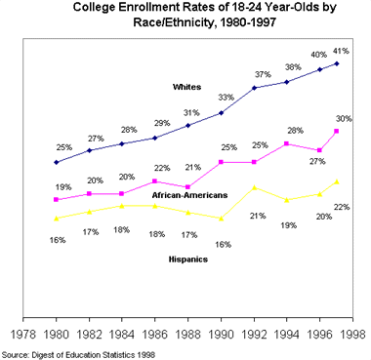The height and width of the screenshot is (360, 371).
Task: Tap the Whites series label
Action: coord(186,88)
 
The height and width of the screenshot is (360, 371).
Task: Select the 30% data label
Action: coord(344,119)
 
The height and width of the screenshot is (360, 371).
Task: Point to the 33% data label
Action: coord(226,98)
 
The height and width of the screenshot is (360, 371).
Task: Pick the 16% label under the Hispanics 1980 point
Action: coord(58,239)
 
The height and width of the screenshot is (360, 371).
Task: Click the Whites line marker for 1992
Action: coord(255,88)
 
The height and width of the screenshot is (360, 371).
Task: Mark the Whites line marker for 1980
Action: coord(57,162)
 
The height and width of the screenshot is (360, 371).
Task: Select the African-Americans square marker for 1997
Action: coord(337,131)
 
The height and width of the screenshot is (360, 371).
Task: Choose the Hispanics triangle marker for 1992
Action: coord(255,187)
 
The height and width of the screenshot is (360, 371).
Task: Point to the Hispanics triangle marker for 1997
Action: coord(337,181)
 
